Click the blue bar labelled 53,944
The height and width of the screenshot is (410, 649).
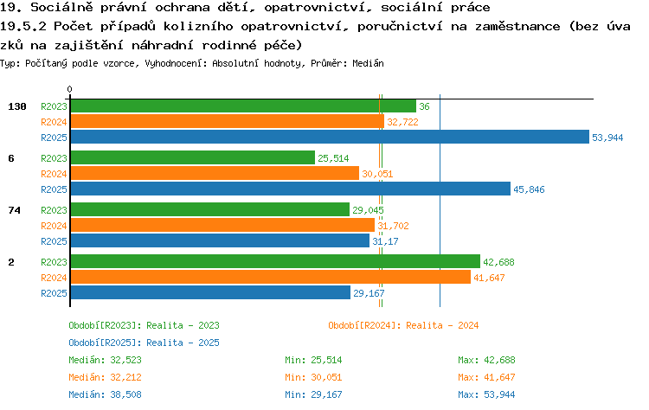pyautogui.click(x=330, y=137)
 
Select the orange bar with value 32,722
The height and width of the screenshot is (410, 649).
pyautogui.click(x=228, y=122)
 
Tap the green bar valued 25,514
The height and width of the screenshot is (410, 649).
pyautogui.click(x=193, y=157)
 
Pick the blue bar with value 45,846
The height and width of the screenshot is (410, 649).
pyautogui.click(x=291, y=189)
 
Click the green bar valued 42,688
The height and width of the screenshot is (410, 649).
pyautogui.click(x=275, y=261)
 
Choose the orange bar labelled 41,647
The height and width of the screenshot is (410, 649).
pyautogui.click(x=271, y=277)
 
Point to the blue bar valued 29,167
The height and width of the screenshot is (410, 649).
pyautogui.click(x=210, y=292)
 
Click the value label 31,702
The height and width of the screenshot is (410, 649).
pyautogui.click(x=393, y=226)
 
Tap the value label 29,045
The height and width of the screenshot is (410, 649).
pyautogui.click(x=368, y=210)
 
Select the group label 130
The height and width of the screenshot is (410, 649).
pyautogui.click(x=17, y=106)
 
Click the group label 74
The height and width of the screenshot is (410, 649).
pyautogui.click(x=14, y=210)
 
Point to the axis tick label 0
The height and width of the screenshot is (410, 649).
pyautogui.click(x=69, y=89)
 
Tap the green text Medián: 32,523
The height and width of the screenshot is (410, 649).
pyautogui.click(x=105, y=361)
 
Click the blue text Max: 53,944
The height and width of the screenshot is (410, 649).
pyautogui.click(x=486, y=394)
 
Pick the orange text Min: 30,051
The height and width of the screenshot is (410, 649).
pyautogui.click(x=313, y=377)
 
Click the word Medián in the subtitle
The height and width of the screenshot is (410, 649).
pyautogui.click(x=368, y=63)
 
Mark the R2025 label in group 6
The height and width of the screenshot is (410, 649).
pyautogui.click(x=54, y=189)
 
